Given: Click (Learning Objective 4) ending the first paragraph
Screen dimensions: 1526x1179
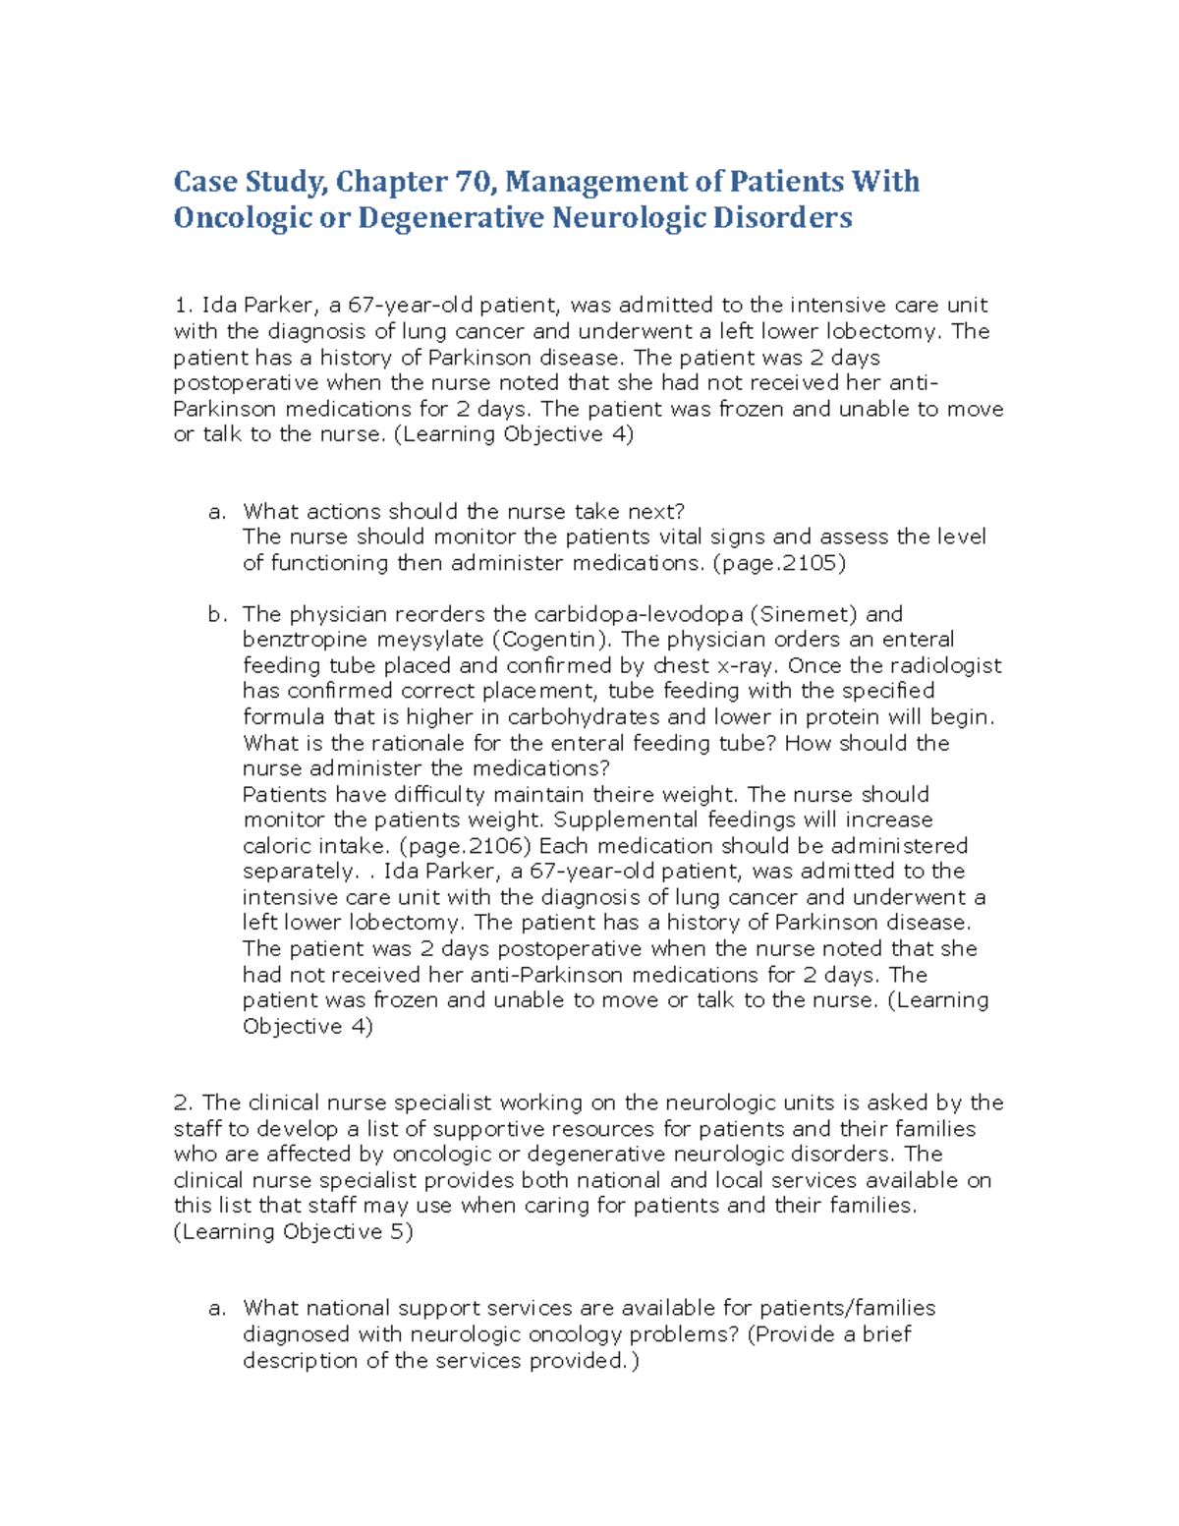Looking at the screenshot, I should [513, 434].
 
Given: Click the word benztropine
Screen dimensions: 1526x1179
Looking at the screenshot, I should [305, 640].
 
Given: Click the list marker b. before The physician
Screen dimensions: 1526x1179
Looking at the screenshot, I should [217, 615].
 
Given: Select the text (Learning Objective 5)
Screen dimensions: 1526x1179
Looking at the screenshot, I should [293, 1232].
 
